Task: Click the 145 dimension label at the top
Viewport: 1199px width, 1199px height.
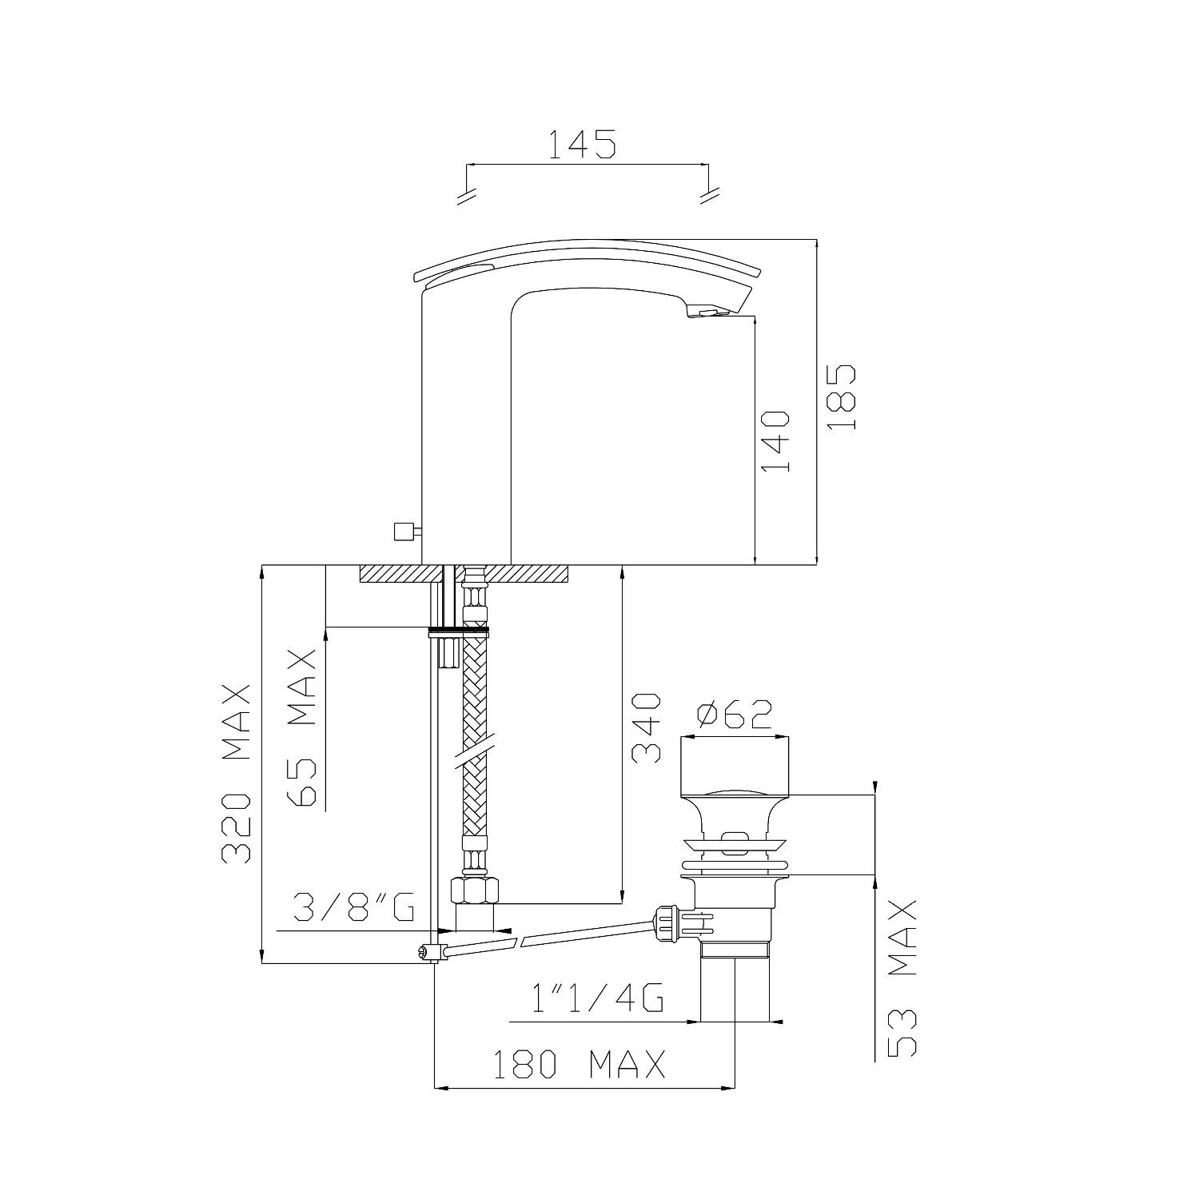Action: tap(581, 144)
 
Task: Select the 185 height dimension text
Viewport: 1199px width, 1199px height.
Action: tap(842, 398)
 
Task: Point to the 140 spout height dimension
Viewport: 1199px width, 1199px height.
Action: tap(775, 441)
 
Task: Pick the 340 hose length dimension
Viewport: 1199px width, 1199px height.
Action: tap(646, 728)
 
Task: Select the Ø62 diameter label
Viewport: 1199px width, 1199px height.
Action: tap(735, 715)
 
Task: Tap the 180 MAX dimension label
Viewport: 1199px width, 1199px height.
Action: tap(578, 1065)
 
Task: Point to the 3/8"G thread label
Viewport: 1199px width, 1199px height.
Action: tap(353, 907)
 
